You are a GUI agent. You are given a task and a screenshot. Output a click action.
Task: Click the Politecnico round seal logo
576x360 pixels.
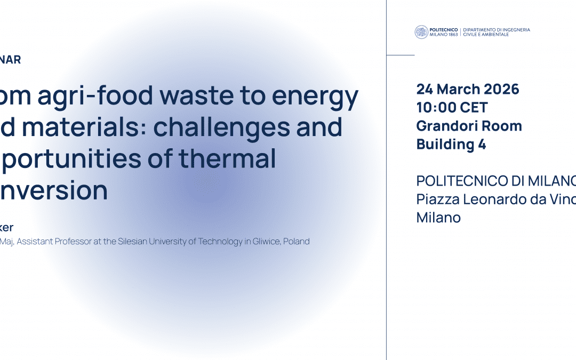pyautogui.click(x=421, y=32)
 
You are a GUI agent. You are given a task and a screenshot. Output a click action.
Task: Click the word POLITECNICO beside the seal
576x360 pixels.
pyautogui.click(x=444, y=29)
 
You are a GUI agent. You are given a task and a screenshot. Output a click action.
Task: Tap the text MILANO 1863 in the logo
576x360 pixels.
pyautogui.click(x=444, y=35)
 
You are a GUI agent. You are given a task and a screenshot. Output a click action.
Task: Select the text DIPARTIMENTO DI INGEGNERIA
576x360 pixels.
pyautogui.click(x=497, y=29)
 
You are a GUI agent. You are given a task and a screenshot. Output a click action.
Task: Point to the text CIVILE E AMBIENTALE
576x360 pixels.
pyautogui.click(x=486, y=35)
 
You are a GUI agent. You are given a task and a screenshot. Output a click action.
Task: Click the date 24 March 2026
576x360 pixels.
pyautogui.click(x=468, y=89)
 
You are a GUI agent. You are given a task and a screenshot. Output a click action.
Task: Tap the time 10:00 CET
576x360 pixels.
pyautogui.click(x=452, y=107)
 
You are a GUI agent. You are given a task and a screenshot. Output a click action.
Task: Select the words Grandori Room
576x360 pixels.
pyautogui.click(x=469, y=126)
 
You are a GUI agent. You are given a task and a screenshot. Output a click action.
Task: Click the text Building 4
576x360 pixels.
pyautogui.click(x=451, y=144)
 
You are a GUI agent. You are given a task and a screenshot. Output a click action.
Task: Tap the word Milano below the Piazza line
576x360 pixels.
pyautogui.click(x=438, y=218)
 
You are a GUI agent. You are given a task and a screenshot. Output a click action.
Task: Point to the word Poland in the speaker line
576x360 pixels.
pyautogui.click(x=297, y=242)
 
